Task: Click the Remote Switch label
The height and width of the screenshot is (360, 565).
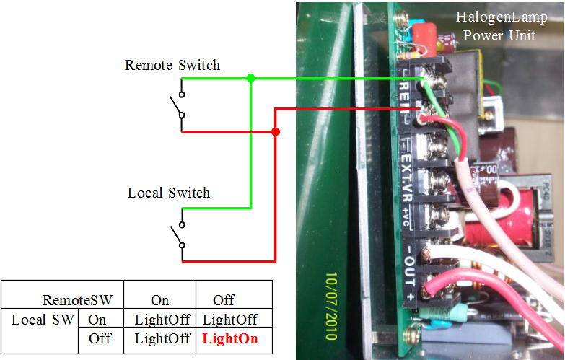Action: tap(172, 66)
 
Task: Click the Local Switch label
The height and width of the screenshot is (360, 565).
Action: tap(169, 193)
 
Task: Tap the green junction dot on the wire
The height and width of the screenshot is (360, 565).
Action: tap(250, 78)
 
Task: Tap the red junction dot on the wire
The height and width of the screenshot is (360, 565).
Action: tap(276, 132)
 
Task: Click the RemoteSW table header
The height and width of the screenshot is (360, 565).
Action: tap(76, 299)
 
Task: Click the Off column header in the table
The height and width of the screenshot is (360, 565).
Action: tap(224, 299)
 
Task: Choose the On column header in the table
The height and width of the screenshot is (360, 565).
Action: tap(159, 299)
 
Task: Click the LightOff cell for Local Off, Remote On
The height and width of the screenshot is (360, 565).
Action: tap(160, 338)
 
